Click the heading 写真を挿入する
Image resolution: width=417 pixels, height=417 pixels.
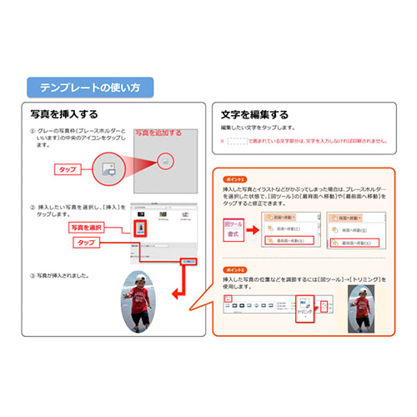[63, 113]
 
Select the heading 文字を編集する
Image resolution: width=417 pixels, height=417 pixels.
[255, 114]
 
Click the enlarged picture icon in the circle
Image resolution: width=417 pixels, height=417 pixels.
[108, 168]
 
